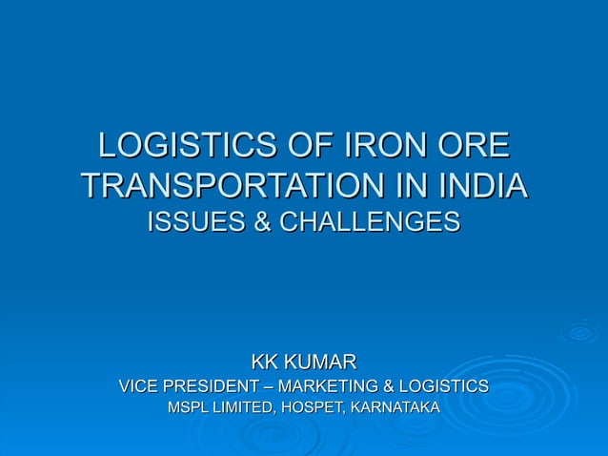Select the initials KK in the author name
pos(266,362)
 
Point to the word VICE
pos(137,386)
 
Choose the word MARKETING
pos(327,386)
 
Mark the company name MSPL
pos(190,408)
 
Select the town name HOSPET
pos(314,408)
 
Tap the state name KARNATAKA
pos(395,408)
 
